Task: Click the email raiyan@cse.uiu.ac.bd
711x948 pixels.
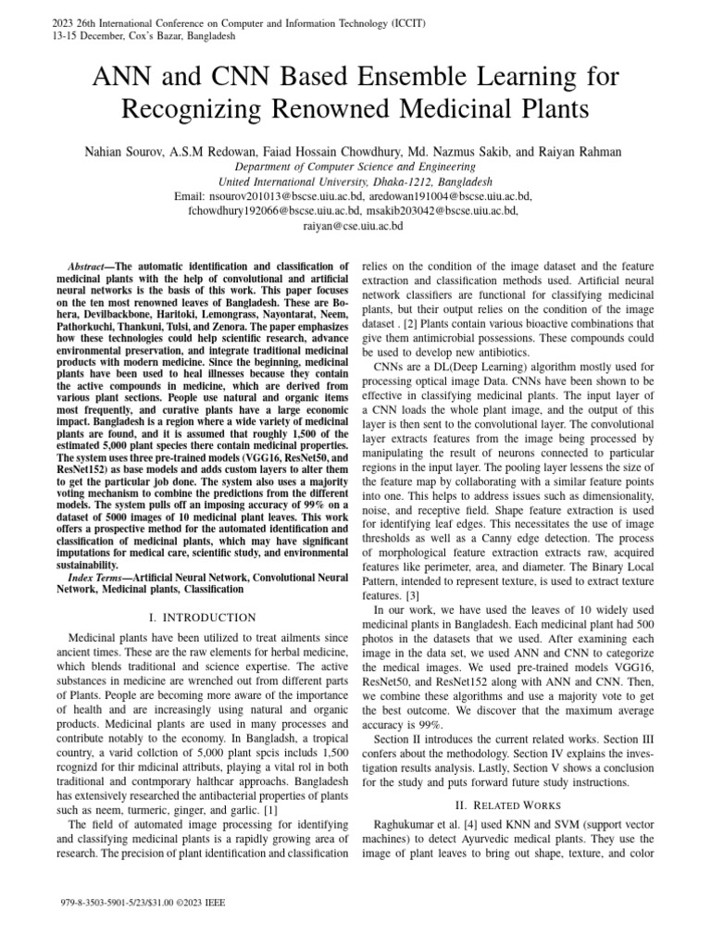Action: tap(355, 224)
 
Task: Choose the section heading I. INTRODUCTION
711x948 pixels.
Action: tap(202, 617)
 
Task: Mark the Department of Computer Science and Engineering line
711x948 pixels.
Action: tap(355, 168)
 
